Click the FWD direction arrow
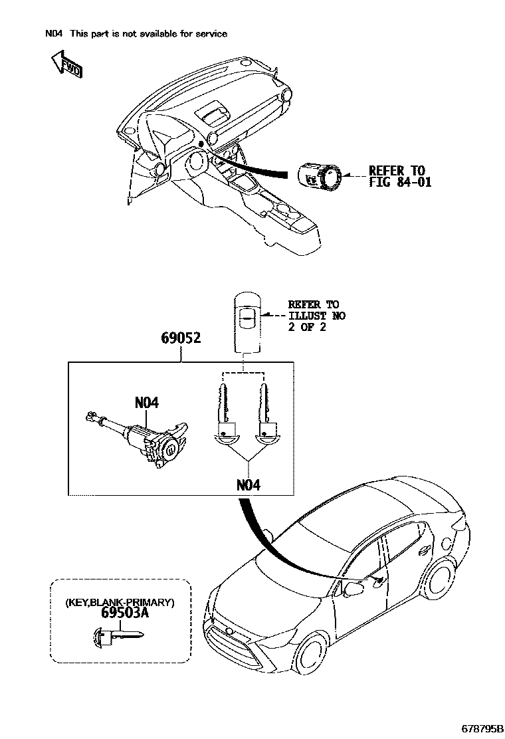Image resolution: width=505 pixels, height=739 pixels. [64, 64]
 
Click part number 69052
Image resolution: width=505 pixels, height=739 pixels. [181, 338]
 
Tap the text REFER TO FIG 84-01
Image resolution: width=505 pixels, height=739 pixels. [400, 176]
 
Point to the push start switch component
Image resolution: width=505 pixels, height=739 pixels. [319, 177]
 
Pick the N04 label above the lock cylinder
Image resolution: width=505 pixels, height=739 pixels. [147, 403]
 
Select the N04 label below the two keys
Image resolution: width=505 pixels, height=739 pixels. [249, 485]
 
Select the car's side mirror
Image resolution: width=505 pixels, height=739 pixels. [355, 589]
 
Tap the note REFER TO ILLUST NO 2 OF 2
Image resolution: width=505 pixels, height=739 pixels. [316, 316]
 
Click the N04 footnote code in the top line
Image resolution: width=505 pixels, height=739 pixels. [52, 34]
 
